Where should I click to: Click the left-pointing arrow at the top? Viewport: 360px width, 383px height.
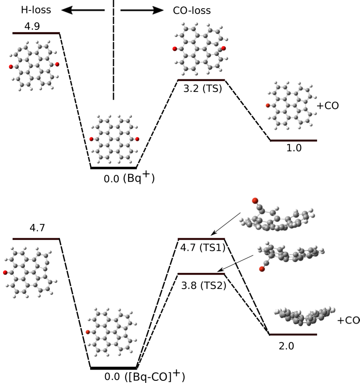pyautogui.click(x=83, y=10)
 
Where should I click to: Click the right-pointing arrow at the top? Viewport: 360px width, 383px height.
pyautogui.click(x=142, y=10)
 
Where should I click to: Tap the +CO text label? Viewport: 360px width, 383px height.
pyautogui.click(x=348, y=321)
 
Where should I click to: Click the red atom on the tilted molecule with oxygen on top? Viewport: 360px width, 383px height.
pyautogui.click(x=255, y=201)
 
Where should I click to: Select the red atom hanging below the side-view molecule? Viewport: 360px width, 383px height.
pyautogui.click(x=262, y=269)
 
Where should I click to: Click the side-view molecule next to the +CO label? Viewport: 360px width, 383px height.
pyautogui.click(x=305, y=316)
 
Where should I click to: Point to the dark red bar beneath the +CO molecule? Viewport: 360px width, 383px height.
pyautogui.click(x=293, y=334)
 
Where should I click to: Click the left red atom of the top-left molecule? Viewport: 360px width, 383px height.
pyautogui.click(x=11, y=67)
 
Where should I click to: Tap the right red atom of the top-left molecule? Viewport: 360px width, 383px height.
pyautogui.click(x=57, y=64)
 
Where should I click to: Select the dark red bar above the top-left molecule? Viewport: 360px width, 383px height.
pyautogui.click(x=36, y=33)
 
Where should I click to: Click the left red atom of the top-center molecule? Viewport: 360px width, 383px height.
pyautogui.click(x=175, y=49)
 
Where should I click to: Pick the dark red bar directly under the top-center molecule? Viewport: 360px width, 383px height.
pyautogui.click(x=201, y=80)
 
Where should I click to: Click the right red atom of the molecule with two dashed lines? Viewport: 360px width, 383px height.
pyautogui.click(x=137, y=139)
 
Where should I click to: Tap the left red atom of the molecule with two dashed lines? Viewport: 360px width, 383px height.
pyautogui.click(x=91, y=139)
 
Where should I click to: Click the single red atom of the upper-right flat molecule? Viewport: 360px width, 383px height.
pyautogui.click(x=268, y=105)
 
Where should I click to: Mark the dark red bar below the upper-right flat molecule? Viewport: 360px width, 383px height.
pyautogui.click(x=293, y=140)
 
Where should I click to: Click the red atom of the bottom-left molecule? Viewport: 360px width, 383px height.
pyautogui.click(x=5, y=273)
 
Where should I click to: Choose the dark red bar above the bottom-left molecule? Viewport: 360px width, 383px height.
pyautogui.click(x=36, y=239)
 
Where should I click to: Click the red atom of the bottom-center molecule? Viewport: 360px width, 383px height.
pyautogui.click(x=88, y=332)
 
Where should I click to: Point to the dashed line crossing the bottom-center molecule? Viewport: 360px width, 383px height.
pyautogui.click(x=85, y=347)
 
